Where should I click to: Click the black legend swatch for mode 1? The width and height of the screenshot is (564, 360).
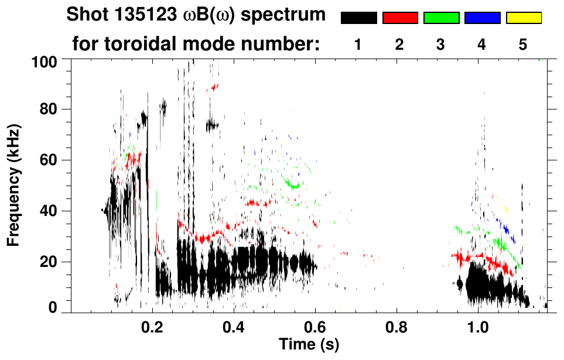[x=358, y=18]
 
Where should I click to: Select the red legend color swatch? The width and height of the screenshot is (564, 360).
[x=400, y=18]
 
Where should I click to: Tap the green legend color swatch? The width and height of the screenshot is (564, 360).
[x=441, y=18]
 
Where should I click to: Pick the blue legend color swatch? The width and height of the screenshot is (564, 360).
[x=482, y=18]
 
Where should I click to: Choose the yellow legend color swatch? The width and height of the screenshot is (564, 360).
[x=523, y=18]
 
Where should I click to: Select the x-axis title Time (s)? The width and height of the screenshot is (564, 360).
[x=309, y=343]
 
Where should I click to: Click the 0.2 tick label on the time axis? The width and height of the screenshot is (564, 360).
[x=153, y=325]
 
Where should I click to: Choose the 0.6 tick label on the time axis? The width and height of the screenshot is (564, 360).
[x=316, y=325]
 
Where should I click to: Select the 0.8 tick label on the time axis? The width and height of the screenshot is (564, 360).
[x=397, y=325]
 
